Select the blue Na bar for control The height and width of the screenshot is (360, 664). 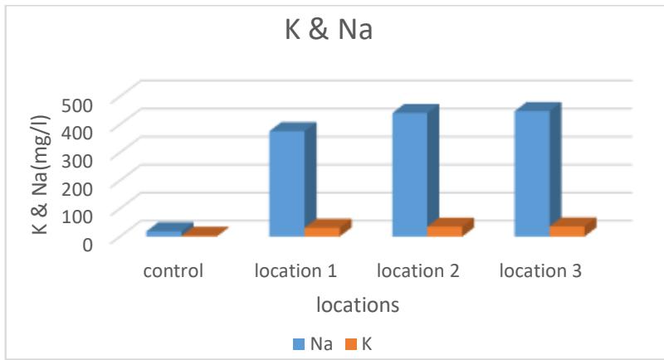pyautogui.click(x=164, y=233)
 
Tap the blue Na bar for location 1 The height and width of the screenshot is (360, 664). pyautogui.click(x=286, y=183)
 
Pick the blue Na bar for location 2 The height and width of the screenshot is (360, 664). pyautogui.click(x=409, y=174)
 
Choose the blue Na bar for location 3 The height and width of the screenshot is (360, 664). pyautogui.click(x=532, y=173)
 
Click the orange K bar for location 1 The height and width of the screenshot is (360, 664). pyautogui.click(x=321, y=231)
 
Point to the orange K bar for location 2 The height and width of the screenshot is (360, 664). pyautogui.click(x=444, y=231)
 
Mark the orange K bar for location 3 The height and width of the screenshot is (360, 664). pyautogui.click(x=567, y=231)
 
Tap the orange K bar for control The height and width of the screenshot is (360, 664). pyautogui.click(x=199, y=235)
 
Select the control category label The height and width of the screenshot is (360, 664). pyautogui.click(x=172, y=271)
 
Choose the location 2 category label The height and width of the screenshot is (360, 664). pyautogui.click(x=417, y=271)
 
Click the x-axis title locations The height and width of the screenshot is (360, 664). pyautogui.click(x=358, y=305)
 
